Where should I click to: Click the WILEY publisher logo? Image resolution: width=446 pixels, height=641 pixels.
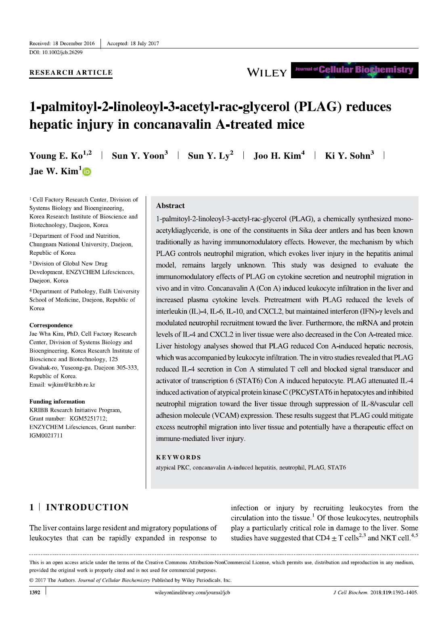(x=267, y=73)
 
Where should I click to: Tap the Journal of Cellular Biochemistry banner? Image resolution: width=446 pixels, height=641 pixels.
(x=354, y=70)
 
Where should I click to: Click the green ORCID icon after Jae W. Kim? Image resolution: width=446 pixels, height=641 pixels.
(x=87, y=172)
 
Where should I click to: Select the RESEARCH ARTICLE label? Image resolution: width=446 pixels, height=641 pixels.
(x=71, y=73)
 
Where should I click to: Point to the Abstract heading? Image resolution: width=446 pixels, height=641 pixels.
(x=170, y=205)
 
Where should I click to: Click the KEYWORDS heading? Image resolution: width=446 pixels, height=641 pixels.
(x=178, y=457)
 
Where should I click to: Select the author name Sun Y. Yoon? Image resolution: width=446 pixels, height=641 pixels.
(x=138, y=156)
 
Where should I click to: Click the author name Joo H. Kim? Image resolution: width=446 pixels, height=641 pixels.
(x=277, y=156)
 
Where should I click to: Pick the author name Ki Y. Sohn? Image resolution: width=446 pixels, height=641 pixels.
(x=348, y=156)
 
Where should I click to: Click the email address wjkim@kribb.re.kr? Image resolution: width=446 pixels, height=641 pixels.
(x=71, y=385)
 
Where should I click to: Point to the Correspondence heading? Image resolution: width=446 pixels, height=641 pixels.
(x=51, y=325)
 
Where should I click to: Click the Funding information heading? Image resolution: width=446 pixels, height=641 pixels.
(x=57, y=402)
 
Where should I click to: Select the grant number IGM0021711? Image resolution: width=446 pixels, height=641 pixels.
(x=46, y=436)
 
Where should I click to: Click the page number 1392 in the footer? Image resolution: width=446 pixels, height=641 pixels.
(x=35, y=593)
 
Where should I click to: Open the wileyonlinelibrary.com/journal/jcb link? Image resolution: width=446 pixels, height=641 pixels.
(x=192, y=593)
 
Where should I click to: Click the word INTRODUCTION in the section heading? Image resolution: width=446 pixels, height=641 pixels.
(x=87, y=507)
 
